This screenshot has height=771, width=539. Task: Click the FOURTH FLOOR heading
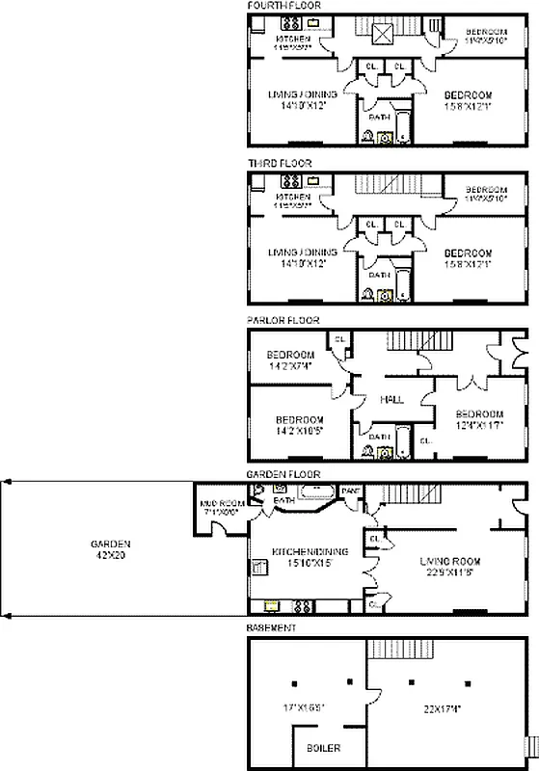tap(283, 6)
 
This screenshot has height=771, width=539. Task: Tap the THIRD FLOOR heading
tap(280, 164)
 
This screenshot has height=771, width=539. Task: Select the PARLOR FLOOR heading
tap(283, 320)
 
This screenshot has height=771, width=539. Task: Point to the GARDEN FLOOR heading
tap(283, 475)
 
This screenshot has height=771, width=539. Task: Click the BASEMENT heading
tap(272, 627)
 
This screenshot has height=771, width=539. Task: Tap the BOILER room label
tap(323, 747)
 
